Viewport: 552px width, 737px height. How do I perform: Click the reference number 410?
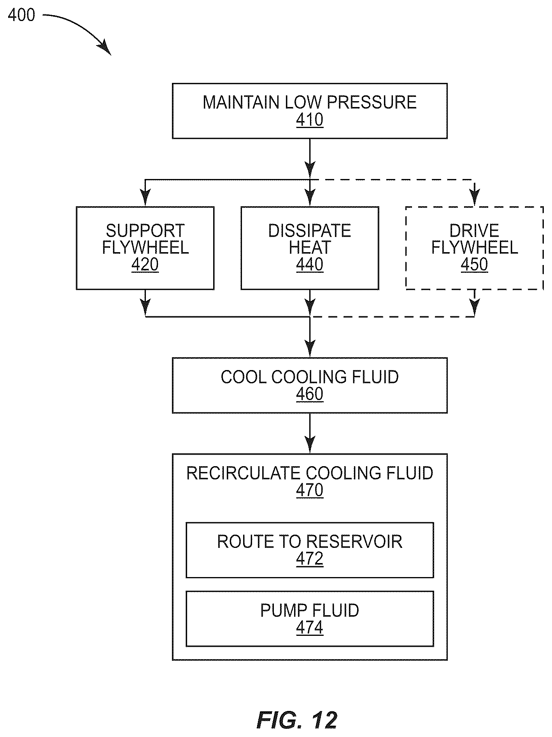(310, 120)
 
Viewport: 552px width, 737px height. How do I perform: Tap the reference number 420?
(145, 265)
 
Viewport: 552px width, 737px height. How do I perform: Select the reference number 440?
(310, 265)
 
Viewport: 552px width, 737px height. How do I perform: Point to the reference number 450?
(474, 265)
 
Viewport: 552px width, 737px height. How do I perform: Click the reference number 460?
(310, 394)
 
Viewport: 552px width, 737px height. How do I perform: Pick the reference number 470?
(310, 490)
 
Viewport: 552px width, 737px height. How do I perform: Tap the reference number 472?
(310, 559)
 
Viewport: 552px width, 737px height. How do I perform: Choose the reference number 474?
(310, 628)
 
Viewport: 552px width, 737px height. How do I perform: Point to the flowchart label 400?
(21, 15)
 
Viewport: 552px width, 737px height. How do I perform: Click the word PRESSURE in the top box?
(372, 102)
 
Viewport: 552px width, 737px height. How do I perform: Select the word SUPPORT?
(145, 231)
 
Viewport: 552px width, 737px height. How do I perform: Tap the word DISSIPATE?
(310, 231)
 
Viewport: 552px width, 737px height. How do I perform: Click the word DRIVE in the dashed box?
(474, 231)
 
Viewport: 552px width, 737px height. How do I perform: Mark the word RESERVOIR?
(354, 542)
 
